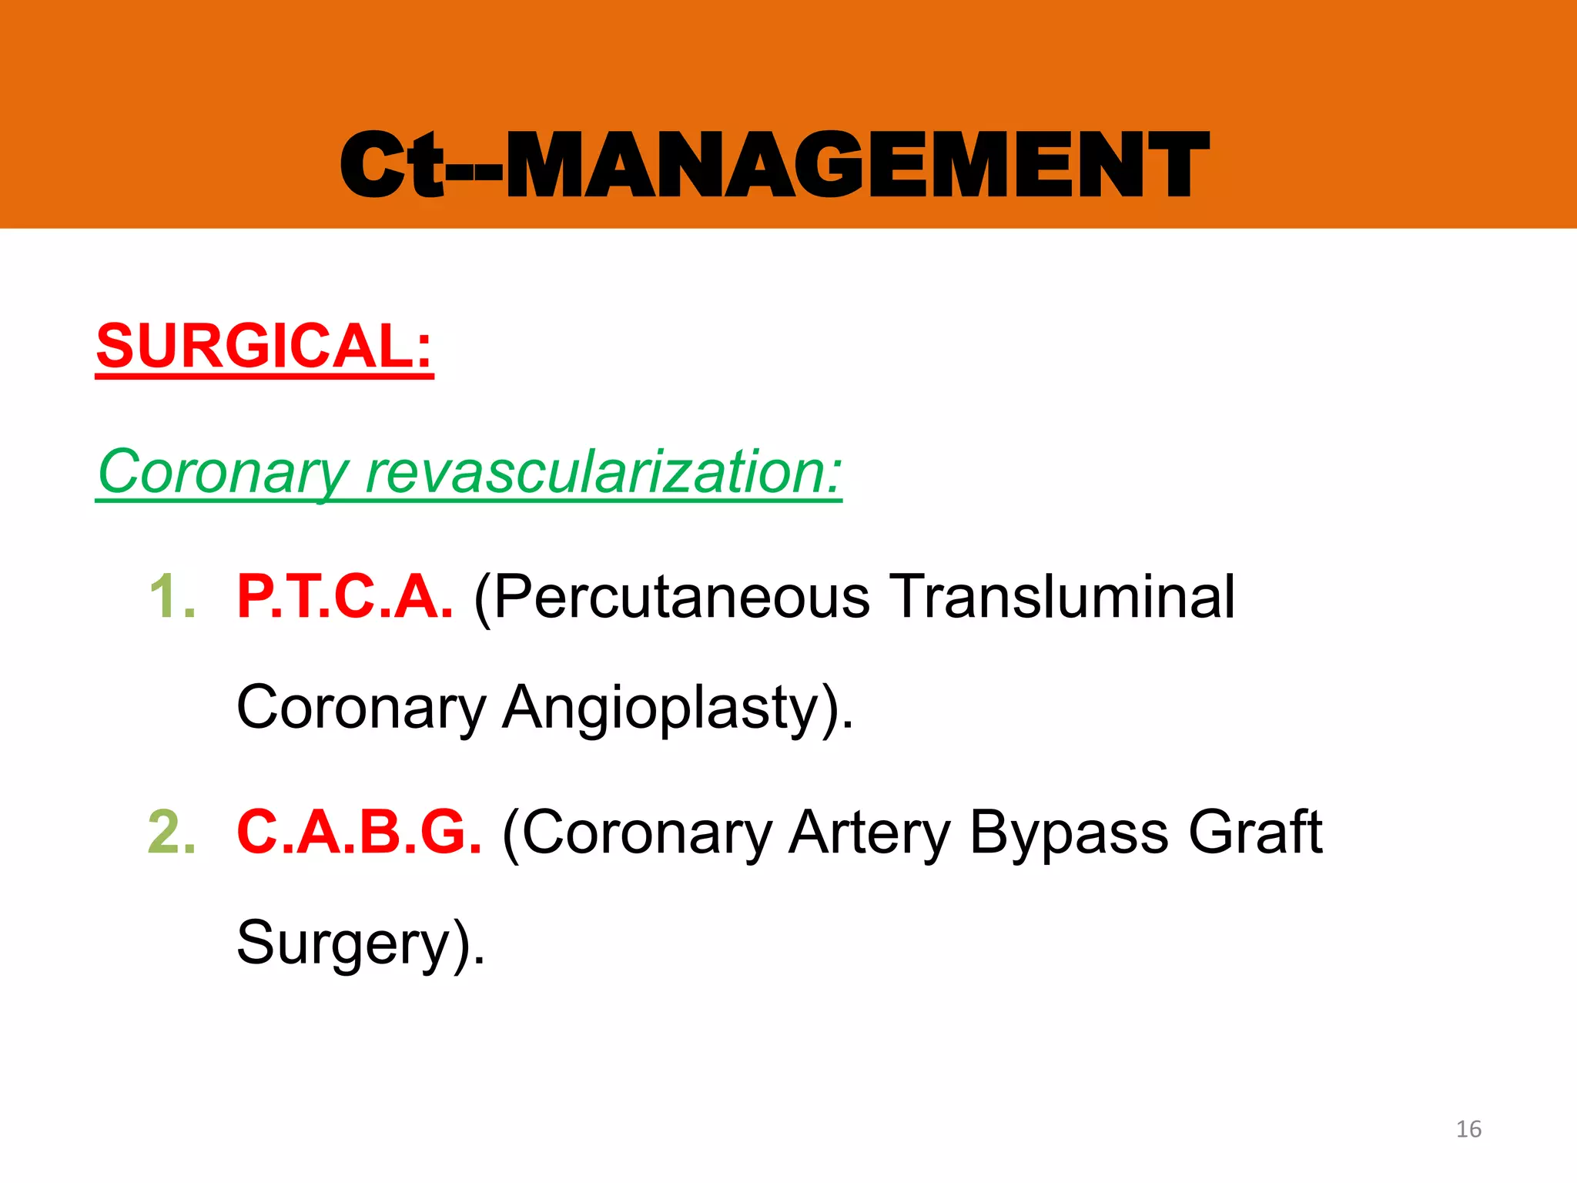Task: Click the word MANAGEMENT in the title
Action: [x=856, y=166]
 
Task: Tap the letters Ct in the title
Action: [x=393, y=166]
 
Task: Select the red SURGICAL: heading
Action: [x=264, y=347]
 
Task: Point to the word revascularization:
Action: [x=604, y=471]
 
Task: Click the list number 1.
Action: [x=171, y=597]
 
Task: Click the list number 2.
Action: [x=171, y=833]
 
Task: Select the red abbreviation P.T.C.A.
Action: [x=344, y=597]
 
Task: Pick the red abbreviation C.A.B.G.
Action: [x=359, y=833]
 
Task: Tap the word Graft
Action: [x=1255, y=833]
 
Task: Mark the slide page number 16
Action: [x=1468, y=1129]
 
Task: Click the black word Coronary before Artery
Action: [x=647, y=834]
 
